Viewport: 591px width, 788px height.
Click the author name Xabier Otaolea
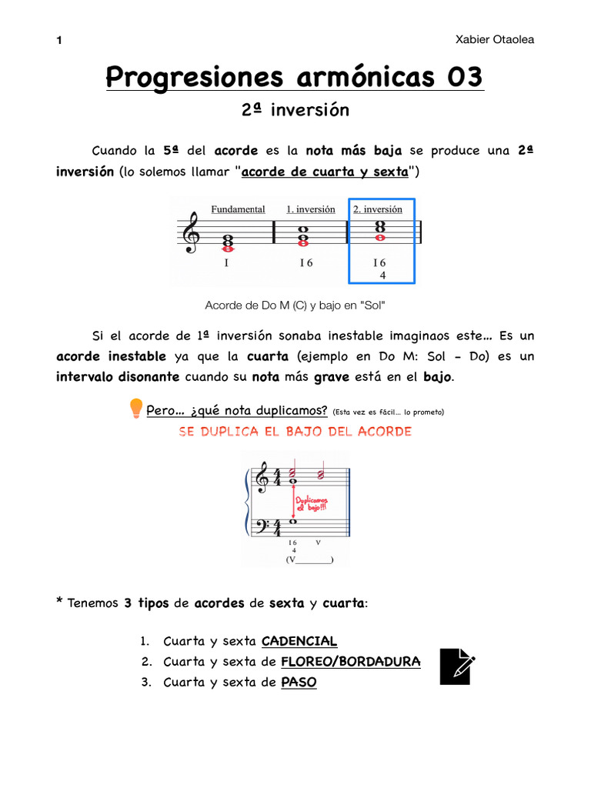click(494, 40)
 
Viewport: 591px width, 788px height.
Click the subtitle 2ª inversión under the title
click(295, 110)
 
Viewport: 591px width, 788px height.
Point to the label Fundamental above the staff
click(238, 209)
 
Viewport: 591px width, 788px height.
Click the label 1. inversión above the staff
click(310, 209)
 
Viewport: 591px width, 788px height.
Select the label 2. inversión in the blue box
click(378, 209)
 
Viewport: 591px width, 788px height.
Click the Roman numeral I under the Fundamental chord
click(226, 263)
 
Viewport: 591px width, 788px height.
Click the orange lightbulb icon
click(136, 407)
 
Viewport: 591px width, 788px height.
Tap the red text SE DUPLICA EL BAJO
click(295, 432)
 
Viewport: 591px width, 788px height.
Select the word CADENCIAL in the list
click(299, 641)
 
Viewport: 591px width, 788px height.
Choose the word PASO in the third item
click(299, 682)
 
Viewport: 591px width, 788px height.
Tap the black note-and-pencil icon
click(457, 666)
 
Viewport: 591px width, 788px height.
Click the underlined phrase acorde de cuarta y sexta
click(325, 172)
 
